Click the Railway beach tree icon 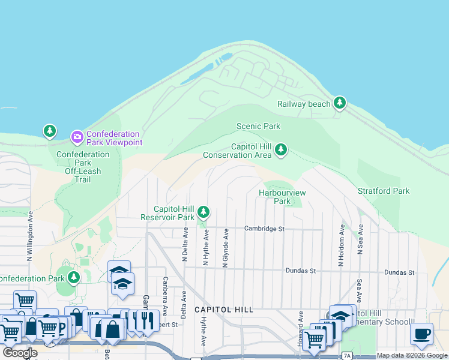[340, 103]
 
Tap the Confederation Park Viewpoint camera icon [77, 138]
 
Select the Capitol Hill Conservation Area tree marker [280, 151]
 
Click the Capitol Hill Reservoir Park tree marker [204, 212]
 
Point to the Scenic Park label [258, 126]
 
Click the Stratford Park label [384, 191]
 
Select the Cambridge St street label [264, 229]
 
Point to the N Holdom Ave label [341, 246]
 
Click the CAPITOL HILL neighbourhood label [224, 310]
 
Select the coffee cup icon [422, 333]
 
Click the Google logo [20, 353]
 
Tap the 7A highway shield [347, 356]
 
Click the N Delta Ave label [185, 246]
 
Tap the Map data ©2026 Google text [412, 355]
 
